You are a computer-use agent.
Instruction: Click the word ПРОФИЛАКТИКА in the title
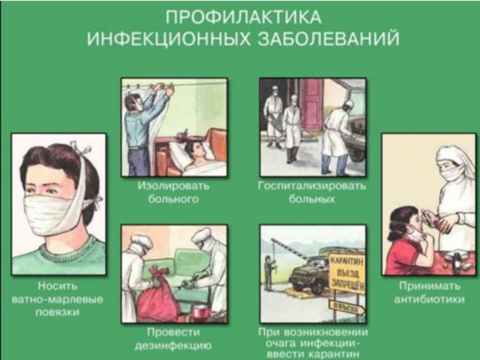point(244,17)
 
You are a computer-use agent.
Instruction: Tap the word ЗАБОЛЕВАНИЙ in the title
point(328,39)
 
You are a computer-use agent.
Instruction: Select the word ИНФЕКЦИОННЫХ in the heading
point(168,39)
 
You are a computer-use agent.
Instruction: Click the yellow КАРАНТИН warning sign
point(347,274)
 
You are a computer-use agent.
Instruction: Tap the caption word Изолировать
point(173,185)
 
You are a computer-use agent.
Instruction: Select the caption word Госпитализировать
point(312,185)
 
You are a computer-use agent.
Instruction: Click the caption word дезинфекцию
point(173,346)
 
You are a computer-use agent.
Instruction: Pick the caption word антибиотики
point(429,299)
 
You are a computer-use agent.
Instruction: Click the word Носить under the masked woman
point(58,286)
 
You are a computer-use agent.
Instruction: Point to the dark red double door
point(311,104)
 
